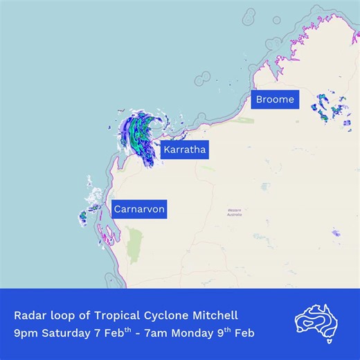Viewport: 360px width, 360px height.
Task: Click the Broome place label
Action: (275, 100)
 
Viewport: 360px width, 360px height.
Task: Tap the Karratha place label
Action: (184, 150)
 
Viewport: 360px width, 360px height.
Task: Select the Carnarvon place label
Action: (139, 208)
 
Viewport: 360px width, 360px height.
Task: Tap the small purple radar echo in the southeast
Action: (336, 233)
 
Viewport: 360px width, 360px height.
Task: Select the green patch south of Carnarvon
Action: (134, 246)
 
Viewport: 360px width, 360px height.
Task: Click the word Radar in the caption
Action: (29, 316)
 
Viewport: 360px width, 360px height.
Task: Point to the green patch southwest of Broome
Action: (242, 120)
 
